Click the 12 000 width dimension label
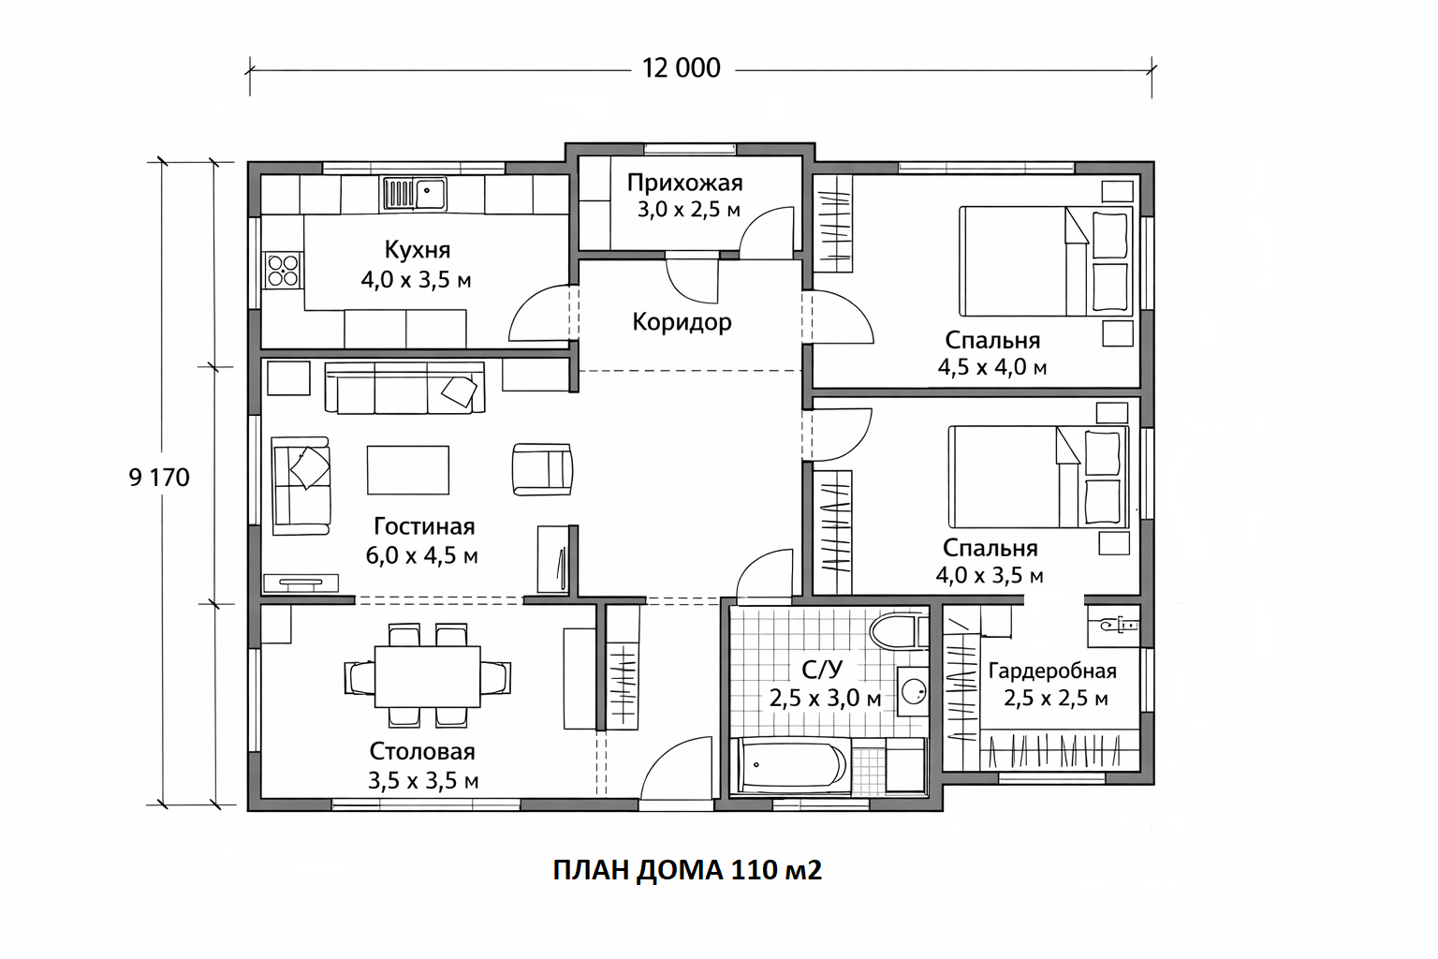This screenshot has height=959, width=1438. pos(682,68)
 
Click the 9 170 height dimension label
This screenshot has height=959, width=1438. pos(159,478)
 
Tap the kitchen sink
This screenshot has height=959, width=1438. pos(415,193)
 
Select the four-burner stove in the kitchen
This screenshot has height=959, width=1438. pos(283,270)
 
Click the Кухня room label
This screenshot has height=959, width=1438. pos(418,249)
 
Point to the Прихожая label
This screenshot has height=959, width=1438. pos(685,184)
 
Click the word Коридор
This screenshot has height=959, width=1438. pos(682,322)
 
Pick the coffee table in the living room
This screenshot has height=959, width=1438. pos(407,470)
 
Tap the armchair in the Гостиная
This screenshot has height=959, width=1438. pos(542,469)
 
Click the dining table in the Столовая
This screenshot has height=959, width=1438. pos(428,676)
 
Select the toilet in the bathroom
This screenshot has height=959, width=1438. pos(899,632)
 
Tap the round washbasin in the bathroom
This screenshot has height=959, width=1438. pos(914,692)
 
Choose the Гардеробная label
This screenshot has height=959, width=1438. pos(1052,671)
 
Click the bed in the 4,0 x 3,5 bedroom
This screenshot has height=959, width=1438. pos(1038,477)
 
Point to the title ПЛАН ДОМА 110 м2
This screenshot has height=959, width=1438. pos(687,871)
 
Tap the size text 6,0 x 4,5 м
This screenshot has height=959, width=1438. pos(422,555)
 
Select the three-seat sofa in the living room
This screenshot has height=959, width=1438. pos(405,388)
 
